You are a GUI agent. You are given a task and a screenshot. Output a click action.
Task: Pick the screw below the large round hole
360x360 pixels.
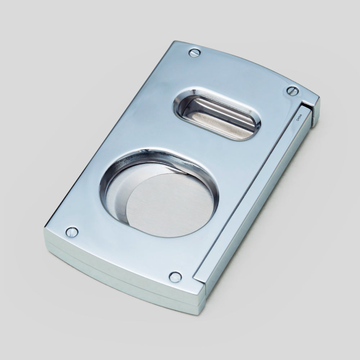coord(175,276)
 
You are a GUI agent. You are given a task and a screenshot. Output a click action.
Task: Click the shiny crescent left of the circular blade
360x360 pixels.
coord(119,194)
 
